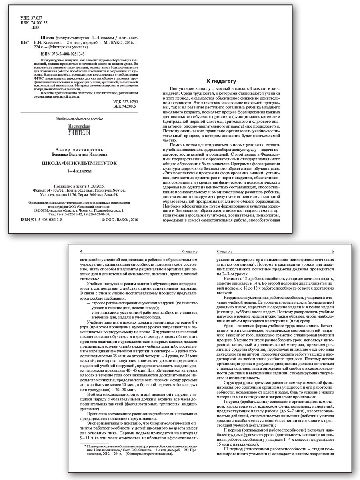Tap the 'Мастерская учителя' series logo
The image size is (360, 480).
coord(79,130)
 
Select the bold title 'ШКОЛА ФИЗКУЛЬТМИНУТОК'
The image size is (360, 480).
coord(79,163)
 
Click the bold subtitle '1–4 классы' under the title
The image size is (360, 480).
coord(79,171)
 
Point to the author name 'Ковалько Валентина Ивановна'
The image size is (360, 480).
coord(79,153)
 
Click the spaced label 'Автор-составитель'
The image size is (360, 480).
coord(79,148)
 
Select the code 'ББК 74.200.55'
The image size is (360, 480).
coord(34,24)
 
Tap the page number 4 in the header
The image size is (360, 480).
coord(81,251)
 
